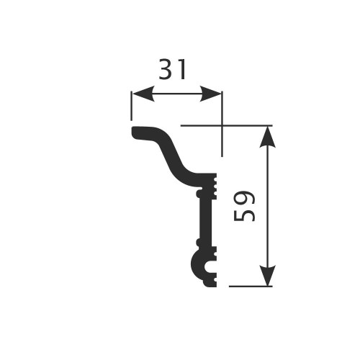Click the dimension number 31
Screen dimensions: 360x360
coord(172,70)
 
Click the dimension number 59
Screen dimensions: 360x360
coord(245,206)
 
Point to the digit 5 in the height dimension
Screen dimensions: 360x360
coord(245,215)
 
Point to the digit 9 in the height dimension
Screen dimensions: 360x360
coord(245,197)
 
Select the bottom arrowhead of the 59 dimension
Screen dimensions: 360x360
coord(268,279)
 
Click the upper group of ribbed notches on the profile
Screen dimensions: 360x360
coord(214,186)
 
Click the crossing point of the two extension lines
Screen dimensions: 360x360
coord(222,125)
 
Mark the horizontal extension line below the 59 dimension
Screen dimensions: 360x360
coord(252,286)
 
